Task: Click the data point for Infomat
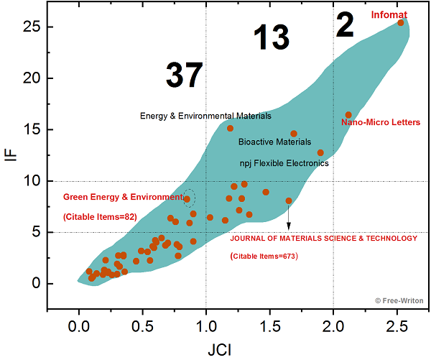tap(401, 22)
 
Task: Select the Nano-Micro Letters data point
tap(348, 115)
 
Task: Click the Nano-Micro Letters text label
tap(381, 123)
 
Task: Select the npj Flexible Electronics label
tap(284, 163)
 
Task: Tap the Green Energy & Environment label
tap(123, 197)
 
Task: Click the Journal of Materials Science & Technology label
tap(323, 239)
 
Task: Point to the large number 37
tap(184, 75)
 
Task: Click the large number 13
tap(272, 38)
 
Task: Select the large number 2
tap(345, 27)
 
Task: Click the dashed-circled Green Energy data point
tap(187, 199)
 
